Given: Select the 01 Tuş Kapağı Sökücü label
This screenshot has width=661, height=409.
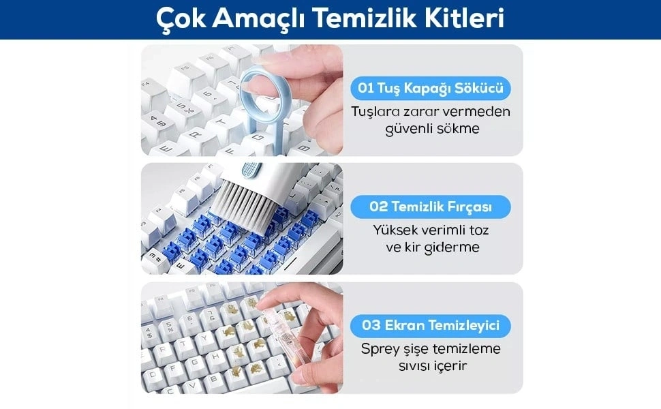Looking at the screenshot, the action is point(431,88).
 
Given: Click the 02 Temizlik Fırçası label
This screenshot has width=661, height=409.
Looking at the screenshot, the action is point(431,207).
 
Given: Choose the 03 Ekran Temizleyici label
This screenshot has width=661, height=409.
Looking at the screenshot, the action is point(431,326).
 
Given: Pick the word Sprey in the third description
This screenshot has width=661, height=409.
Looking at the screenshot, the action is point(380,350).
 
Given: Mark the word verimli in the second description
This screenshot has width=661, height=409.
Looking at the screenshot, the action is point(441,230).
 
